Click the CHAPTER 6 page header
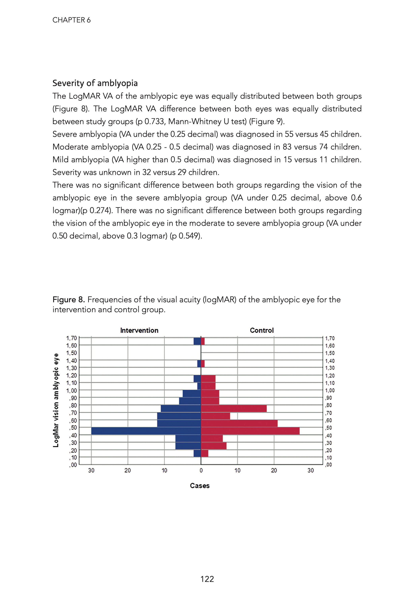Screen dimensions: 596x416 coord(72,20)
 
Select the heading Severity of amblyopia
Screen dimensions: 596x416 coord(95,83)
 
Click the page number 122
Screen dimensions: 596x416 coord(207,579)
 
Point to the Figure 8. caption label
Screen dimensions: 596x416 coord(69,299)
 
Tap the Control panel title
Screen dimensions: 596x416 coord(262,330)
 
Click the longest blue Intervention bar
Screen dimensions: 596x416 coord(146,431)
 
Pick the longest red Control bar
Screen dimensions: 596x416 coord(250,431)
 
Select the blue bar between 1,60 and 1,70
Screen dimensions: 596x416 coord(197,341)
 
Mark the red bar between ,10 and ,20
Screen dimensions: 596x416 coord(205,453)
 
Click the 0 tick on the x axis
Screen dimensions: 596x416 coord(201,470)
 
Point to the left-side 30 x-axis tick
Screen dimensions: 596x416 coord(91,470)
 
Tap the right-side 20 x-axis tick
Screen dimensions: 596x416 coord(274,470)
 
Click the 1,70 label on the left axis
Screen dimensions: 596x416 coord(72,338)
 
